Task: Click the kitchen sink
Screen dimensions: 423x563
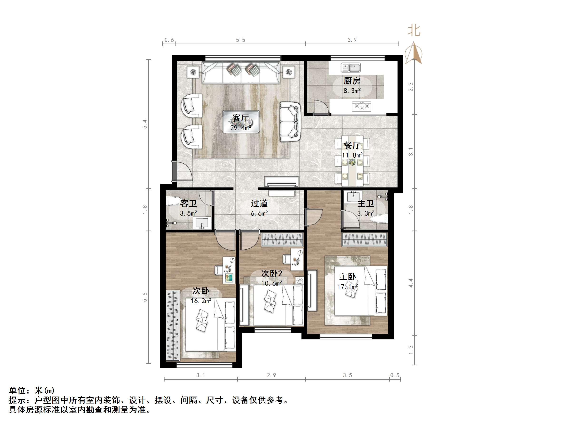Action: [x=351, y=68]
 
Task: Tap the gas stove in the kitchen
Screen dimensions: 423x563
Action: [x=361, y=106]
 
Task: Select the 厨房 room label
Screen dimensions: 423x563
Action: [x=352, y=81]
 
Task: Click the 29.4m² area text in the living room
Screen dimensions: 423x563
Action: [x=241, y=128]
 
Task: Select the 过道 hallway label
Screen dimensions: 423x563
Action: [x=259, y=203]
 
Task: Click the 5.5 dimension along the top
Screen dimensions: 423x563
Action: [x=241, y=40]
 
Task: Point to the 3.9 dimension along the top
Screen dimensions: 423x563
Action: [x=352, y=40]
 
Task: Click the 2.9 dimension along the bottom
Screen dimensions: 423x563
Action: [x=271, y=375]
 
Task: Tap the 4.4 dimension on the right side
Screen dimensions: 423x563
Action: [x=410, y=283]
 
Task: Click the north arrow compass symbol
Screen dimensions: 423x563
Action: [x=414, y=54]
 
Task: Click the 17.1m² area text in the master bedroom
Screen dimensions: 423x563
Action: [x=347, y=287]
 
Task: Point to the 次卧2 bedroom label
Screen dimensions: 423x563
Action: [x=272, y=274]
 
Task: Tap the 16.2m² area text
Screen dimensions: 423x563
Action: [x=201, y=301]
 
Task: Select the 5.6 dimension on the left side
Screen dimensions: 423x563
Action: [x=145, y=297]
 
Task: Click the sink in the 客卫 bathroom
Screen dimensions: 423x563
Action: [x=202, y=223]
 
